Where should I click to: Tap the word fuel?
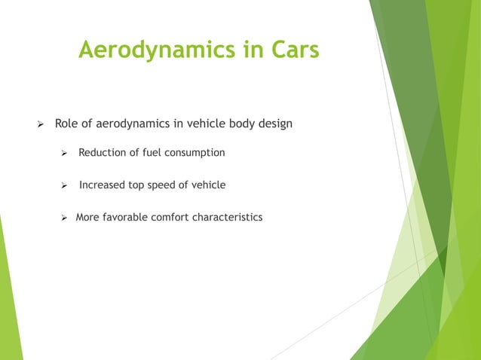coord(155,153)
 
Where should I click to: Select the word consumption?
coord(196,153)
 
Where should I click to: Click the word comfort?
coord(173,218)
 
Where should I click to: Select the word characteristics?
coord(229,218)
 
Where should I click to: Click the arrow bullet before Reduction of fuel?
coord(65,154)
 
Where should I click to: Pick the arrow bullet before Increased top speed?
coord(65,185)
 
